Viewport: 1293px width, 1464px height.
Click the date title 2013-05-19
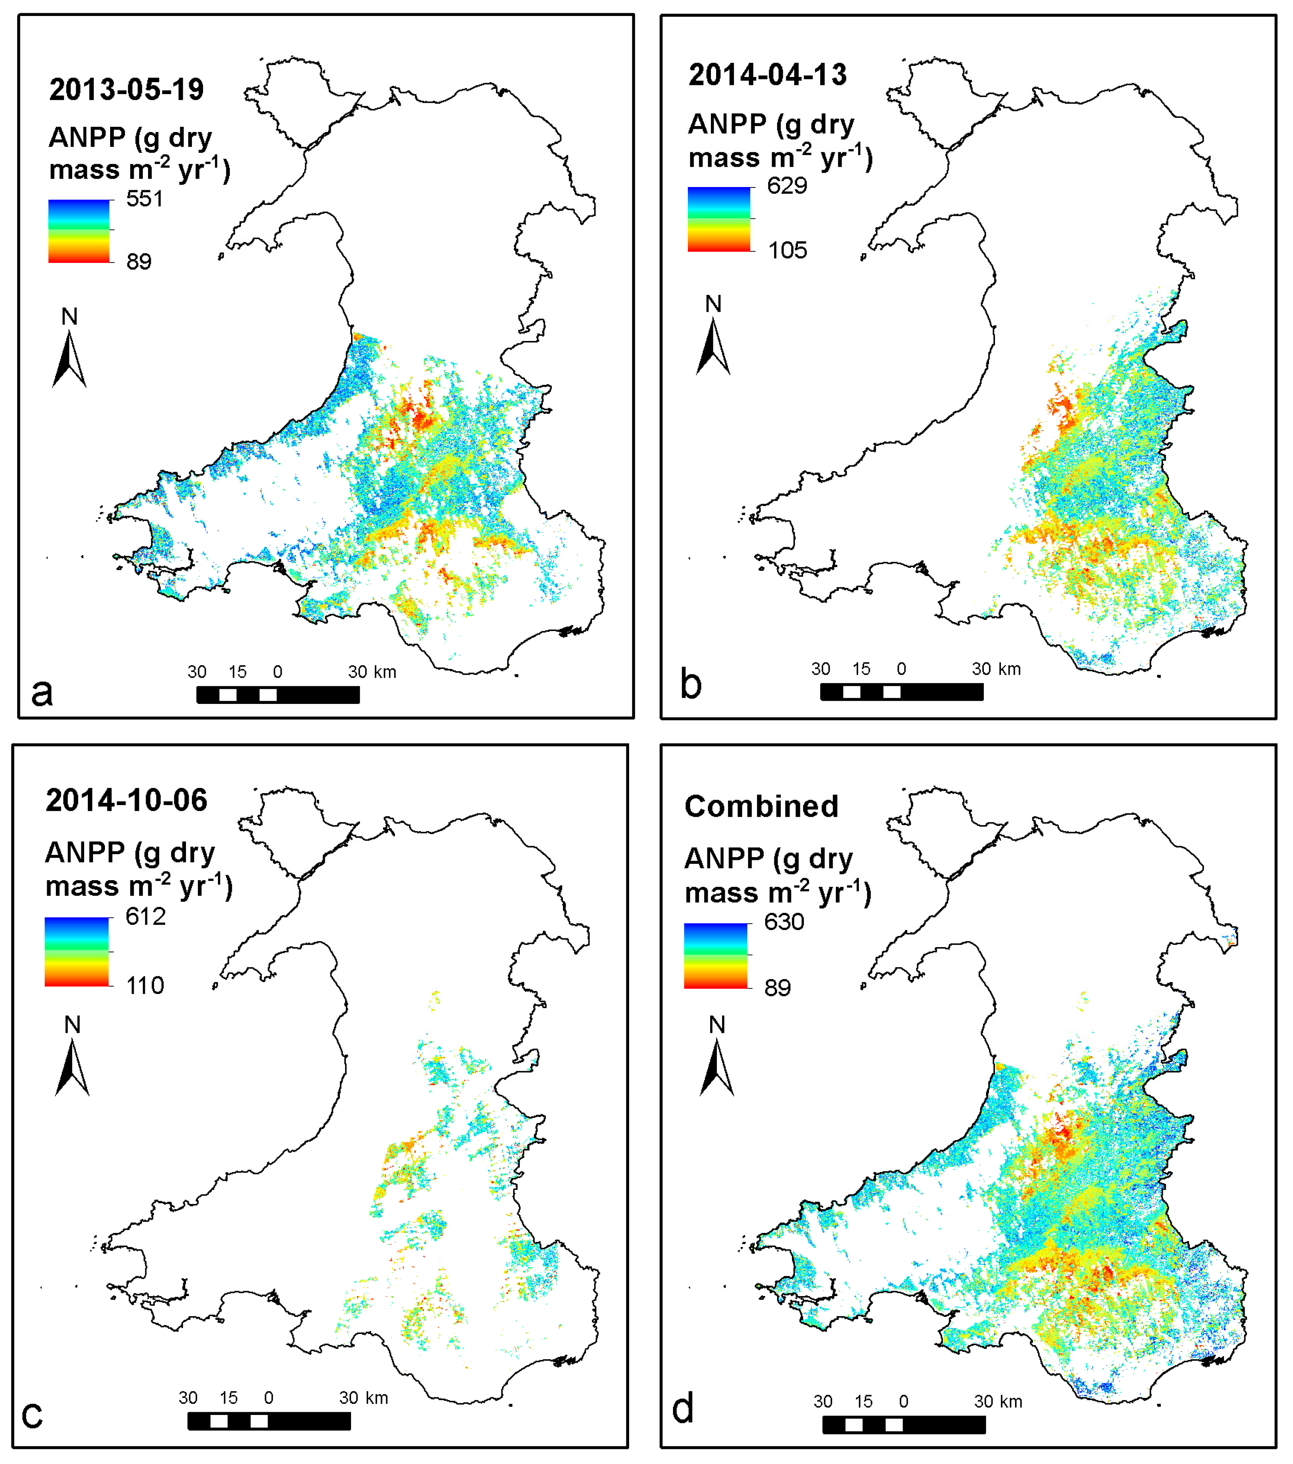tap(126, 89)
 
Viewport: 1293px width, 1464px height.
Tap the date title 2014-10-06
tap(126, 800)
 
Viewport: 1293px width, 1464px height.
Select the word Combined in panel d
tap(761, 806)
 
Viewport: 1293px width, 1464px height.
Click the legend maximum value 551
tap(145, 198)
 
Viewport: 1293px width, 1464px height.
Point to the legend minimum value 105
tap(787, 251)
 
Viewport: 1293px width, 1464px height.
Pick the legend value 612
tap(146, 916)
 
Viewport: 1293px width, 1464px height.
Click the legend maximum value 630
tap(784, 921)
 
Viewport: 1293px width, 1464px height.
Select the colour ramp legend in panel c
tap(77, 952)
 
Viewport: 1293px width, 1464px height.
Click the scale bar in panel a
tap(278, 695)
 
